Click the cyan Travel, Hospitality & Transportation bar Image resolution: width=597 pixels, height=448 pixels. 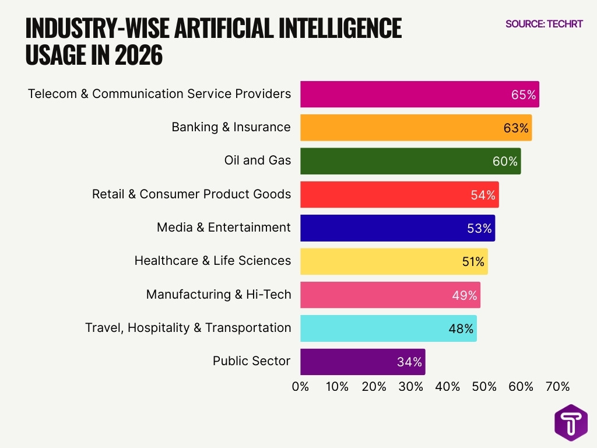tap(373, 328)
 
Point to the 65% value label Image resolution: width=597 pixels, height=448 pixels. tap(523, 94)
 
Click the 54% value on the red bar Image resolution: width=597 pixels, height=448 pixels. tap(483, 195)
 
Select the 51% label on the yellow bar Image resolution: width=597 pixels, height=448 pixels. tap(473, 262)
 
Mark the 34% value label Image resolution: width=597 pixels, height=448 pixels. tap(409, 362)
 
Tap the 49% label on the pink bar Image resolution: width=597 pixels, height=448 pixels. tap(465, 295)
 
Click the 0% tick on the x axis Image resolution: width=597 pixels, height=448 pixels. tap(300, 387)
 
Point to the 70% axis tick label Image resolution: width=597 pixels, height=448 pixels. tap(557, 387)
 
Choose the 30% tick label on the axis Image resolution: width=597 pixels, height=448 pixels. tap(410, 387)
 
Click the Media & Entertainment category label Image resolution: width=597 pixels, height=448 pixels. tap(223, 228)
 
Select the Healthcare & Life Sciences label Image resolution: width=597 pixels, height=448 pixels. tap(212, 261)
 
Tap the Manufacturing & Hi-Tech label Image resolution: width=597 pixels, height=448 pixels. tap(218, 295)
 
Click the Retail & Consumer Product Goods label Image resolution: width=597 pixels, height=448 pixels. tap(191, 194)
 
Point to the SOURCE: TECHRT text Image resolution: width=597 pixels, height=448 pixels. tap(543, 24)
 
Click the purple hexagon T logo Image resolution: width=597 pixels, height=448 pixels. tap(571, 422)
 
